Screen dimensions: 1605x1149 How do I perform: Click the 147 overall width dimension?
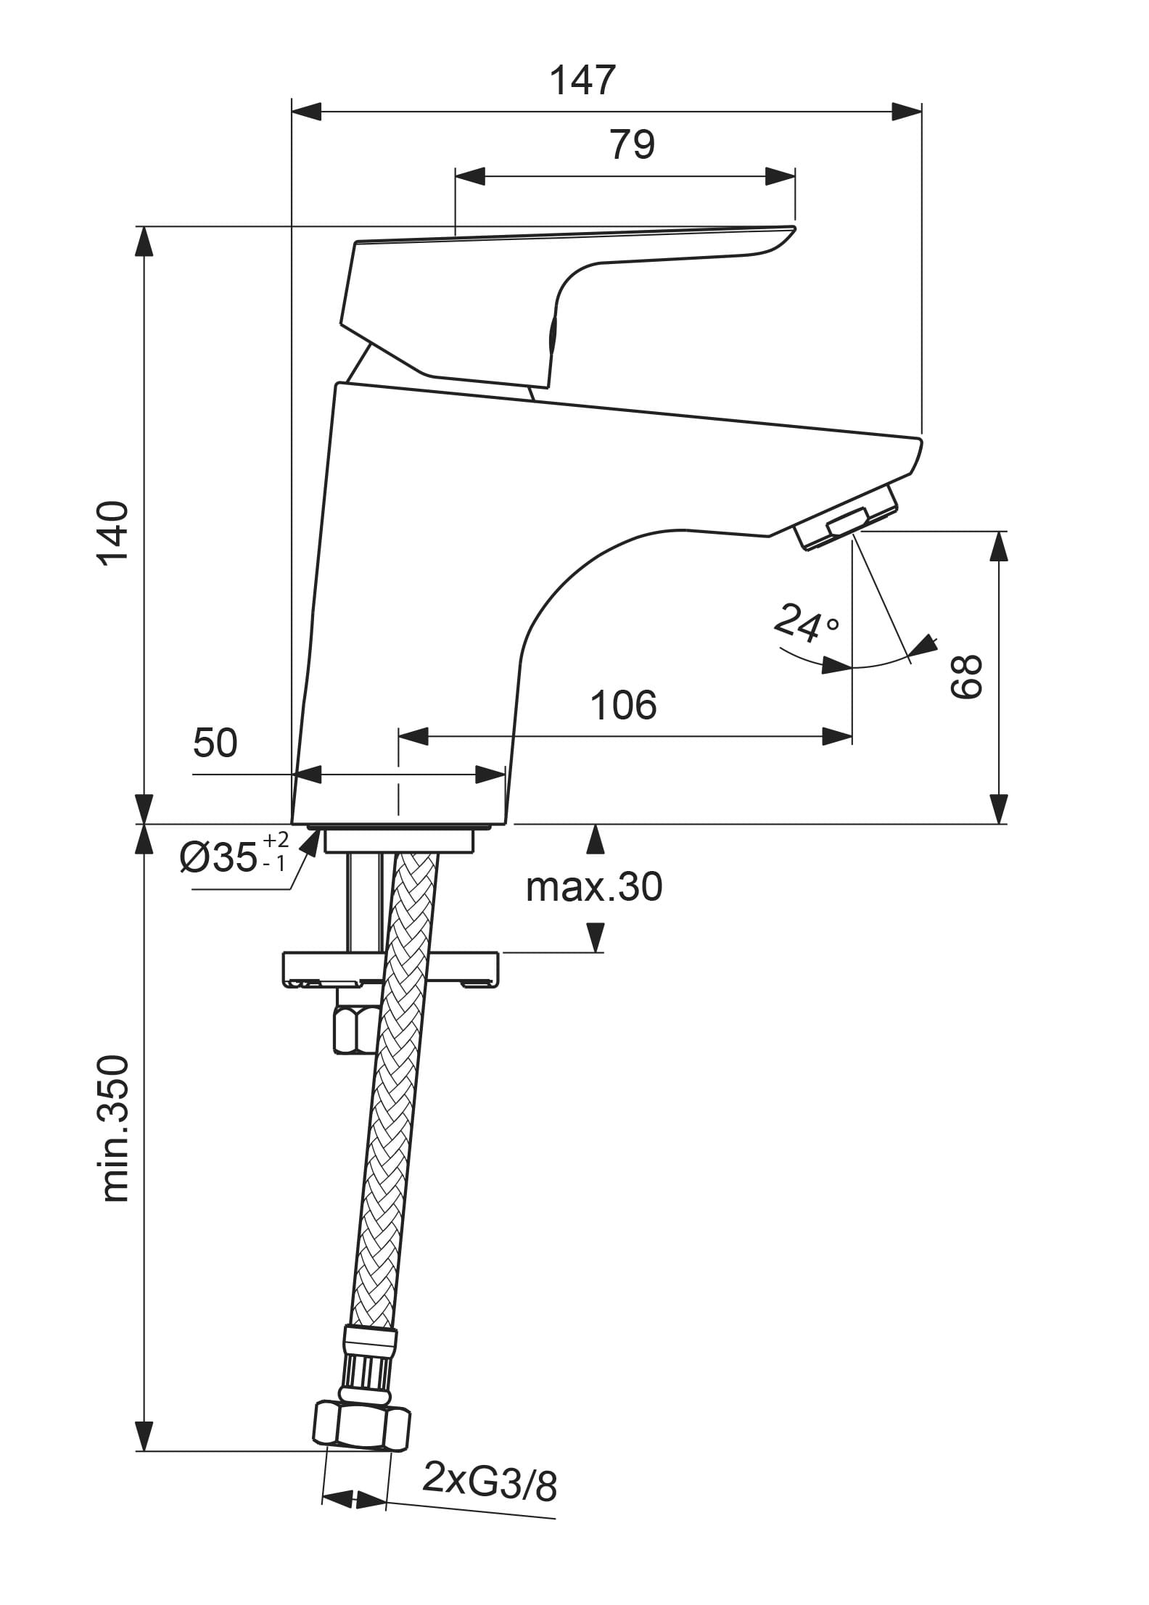(582, 80)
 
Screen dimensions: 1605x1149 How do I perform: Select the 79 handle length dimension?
(632, 144)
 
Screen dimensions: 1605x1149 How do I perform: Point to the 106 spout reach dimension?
(624, 704)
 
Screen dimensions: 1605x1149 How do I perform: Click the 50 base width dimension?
(215, 743)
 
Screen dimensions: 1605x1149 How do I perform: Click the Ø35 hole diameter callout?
(232, 857)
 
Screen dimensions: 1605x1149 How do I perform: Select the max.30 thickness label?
(593, 886)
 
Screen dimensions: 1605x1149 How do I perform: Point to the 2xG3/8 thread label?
(490, 1481)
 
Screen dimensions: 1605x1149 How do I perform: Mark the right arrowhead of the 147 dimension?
(907, 112)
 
